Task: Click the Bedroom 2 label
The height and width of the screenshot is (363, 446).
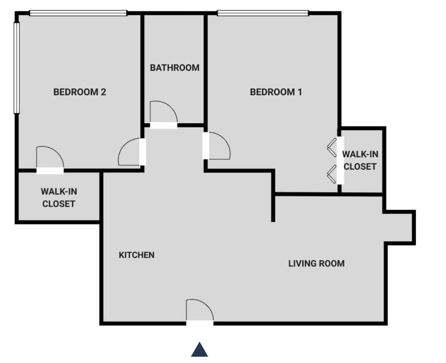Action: [x=79, y=92]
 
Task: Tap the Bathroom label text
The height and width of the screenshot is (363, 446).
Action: [x=174, y=68]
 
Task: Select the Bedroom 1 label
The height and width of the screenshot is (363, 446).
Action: [x=276, y=92]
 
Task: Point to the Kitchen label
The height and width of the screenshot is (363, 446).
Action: [x=137, y=255]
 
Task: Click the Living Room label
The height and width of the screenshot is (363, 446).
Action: [x=316, y=264]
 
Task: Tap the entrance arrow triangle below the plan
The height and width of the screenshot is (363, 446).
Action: [x=199, y=350]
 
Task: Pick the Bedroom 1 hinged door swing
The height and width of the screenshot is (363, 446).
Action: [x=218, y=146]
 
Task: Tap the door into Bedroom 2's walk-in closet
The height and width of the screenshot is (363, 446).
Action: [x=49, y=158]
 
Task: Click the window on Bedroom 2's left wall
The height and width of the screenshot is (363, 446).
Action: [x=16, y=68]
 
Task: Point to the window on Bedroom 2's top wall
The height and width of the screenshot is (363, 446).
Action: [x=78, y=13]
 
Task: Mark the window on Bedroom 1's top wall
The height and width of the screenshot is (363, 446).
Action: [x=262, y=13]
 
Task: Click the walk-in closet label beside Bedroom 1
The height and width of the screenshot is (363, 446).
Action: [x=359, y=160]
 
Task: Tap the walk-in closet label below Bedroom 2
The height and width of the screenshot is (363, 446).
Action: [x=58, y=197]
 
